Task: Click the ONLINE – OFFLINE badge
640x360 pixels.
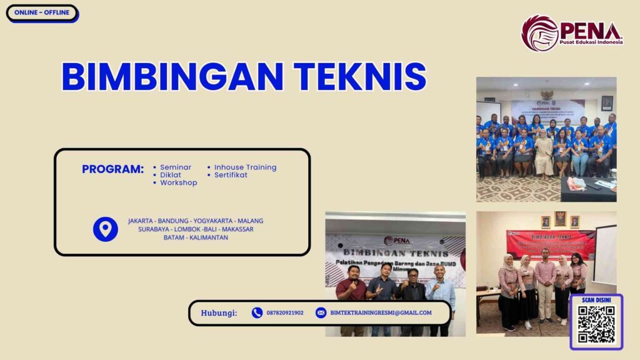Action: coord(42,12)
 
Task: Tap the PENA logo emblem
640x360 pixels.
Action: coord(539,33)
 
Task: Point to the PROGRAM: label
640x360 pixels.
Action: coord(112,169)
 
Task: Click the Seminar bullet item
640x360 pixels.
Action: coord(175,167)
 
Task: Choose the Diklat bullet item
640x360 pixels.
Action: coord(170,175)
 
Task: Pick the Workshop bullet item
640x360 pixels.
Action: coord(178,183)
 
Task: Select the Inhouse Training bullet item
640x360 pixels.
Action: coord(245,167)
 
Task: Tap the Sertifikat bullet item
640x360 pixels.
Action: coord(231,175)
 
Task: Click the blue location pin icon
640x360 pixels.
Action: coord(105,229)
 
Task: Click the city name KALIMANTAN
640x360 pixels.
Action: coord(208,237)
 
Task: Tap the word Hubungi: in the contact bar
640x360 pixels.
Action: coord(219,313)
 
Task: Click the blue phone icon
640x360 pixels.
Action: coord(257,312)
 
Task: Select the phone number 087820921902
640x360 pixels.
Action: coord(285,313)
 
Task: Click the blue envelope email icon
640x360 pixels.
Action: coord(321,312)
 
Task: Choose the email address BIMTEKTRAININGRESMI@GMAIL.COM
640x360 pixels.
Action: coord(381,313)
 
